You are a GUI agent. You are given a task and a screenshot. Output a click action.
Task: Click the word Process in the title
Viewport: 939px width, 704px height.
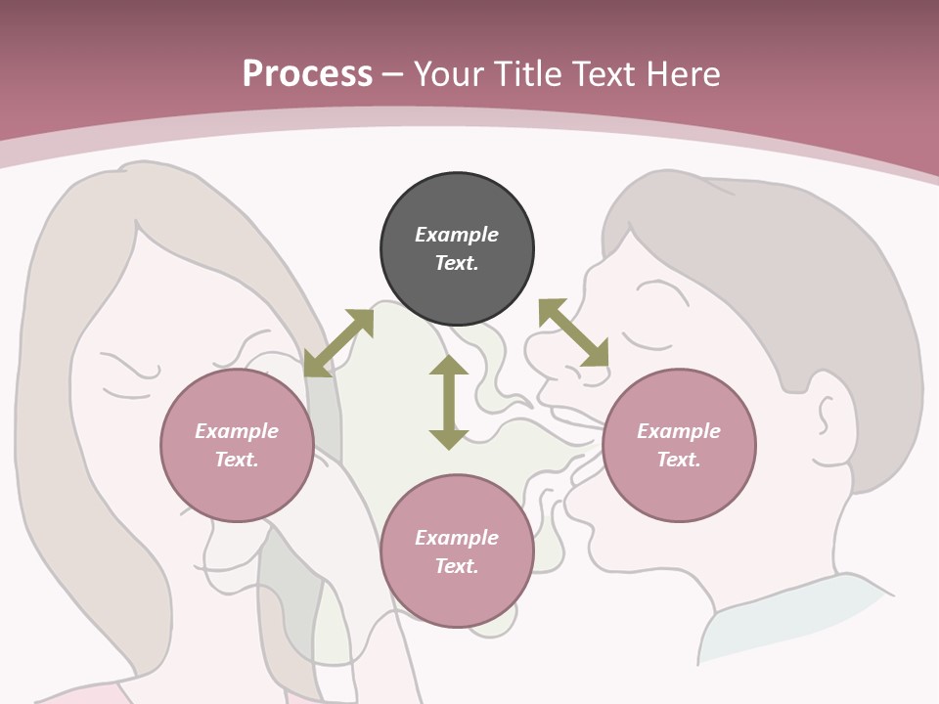[x=307, y=73]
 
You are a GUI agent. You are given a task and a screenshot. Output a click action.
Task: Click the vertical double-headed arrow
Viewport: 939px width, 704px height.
[x=449, y=402]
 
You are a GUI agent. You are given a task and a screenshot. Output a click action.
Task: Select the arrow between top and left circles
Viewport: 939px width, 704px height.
[x=338, y=343]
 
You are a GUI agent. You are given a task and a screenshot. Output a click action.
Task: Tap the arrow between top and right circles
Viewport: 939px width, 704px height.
[x=573, y=333]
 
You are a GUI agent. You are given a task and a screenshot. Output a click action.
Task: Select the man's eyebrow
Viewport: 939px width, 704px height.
[x=654, y=287]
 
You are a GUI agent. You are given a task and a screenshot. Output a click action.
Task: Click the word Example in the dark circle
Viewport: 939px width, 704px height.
[x=457, y=235]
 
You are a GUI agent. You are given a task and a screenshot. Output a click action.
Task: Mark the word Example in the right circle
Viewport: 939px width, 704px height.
[x=679, y=431]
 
